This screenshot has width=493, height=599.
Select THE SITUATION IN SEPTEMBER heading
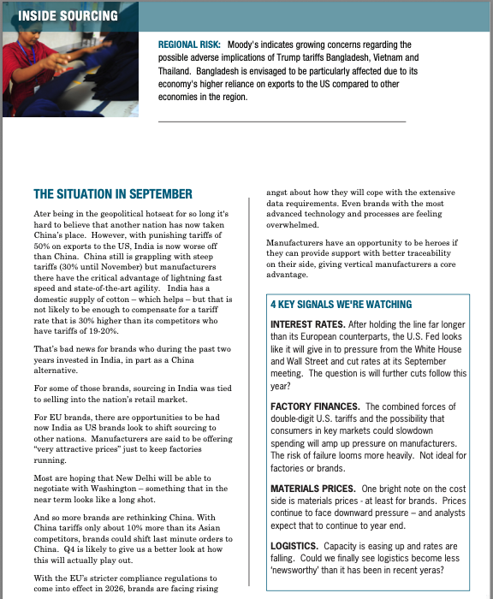click(x=113, y=194)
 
